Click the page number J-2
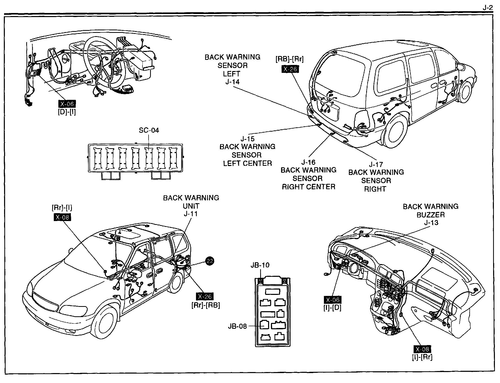point(488,8)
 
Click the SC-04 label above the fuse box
point(149,130)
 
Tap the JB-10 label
point(260,265)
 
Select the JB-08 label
point(237,326)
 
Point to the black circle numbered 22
point(210,261)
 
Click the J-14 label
point(232,82)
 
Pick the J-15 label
point(248,139)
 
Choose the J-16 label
point(308,162)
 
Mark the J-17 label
point(376,164)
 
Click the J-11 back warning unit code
point(191,214)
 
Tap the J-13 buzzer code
point(431,223)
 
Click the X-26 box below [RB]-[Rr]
point(290,69)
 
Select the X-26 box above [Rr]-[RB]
point(205,297)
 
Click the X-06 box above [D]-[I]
point(67,104)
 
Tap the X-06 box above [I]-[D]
point(333,300)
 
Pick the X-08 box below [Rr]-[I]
point(62,217)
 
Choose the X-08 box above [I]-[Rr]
point(422,349)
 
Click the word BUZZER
point(430,215)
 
